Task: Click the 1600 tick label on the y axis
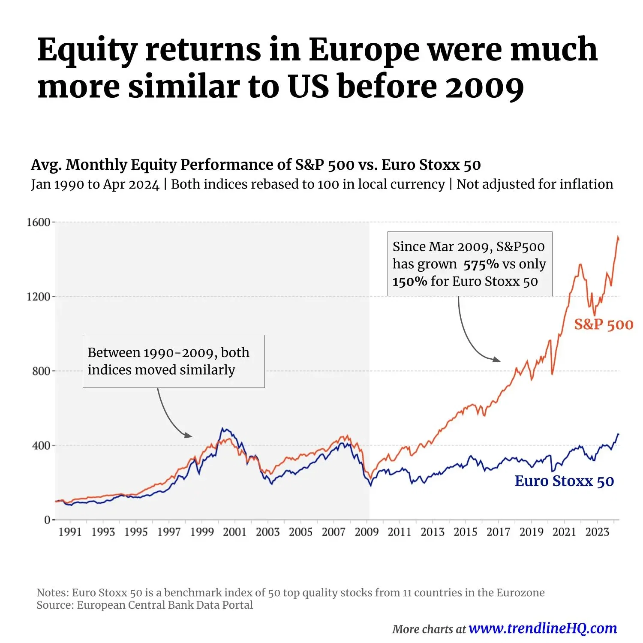tap(39, 222)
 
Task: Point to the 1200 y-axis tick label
tap(39, 297)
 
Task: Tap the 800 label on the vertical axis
tap(41, 371)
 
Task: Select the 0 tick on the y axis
tap(47, 520)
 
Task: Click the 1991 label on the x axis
tap(70, 532)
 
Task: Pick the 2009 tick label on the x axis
tap(367, 532)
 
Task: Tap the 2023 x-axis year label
tap(597, 532)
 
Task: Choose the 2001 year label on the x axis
tap(234, 532)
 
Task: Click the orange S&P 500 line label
tap(604, 325)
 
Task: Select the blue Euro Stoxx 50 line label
tap(564, 481)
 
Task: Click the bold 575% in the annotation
tap(481, 264)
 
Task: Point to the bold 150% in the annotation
tap(410, 282)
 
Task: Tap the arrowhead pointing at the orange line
tap(497, 359)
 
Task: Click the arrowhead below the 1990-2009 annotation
tap(189, 435)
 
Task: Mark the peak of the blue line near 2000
tap(222, 428)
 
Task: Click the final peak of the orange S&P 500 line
tap(618, 237)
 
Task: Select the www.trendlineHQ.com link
tap(543, 628)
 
